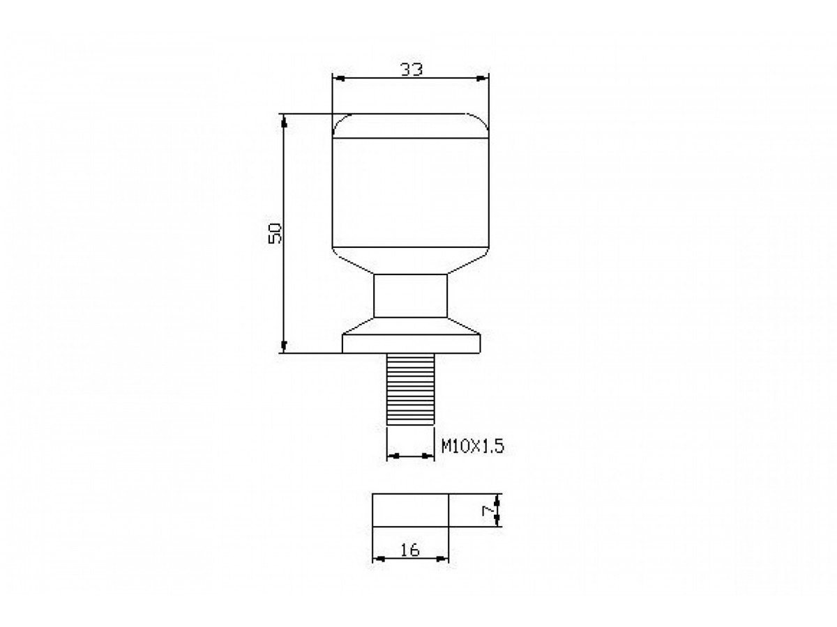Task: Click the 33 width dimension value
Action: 411,70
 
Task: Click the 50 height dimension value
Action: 275,233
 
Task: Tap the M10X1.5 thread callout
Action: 472,446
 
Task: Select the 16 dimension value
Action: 409,550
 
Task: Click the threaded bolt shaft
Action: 410,389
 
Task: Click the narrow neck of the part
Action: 410,295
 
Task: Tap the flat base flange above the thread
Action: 411,343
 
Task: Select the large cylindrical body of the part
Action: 410,192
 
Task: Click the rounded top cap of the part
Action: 410,125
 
